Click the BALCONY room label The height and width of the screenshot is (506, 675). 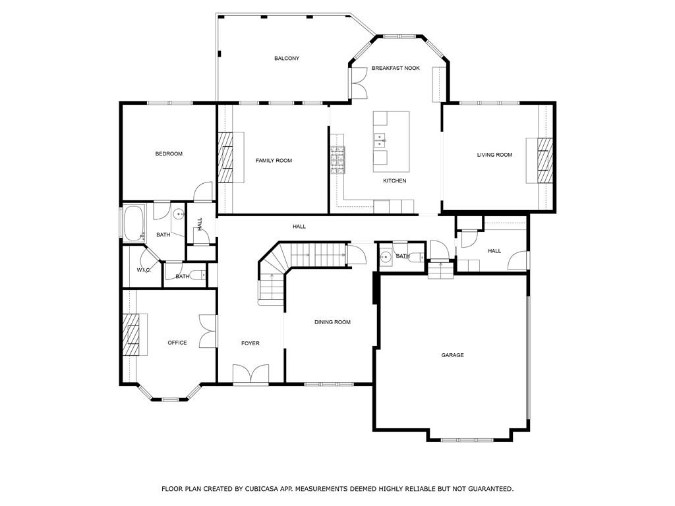point(287,59)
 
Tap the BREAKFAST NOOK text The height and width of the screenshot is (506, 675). point(396,68)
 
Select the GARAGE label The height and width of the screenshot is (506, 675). point(452,355)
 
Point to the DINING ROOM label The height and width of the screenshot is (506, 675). point(332,322)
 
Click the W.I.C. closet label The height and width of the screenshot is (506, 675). point(144,270)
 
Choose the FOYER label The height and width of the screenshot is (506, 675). point(250,343)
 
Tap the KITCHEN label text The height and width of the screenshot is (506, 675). point(395,181)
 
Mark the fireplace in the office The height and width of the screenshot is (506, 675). point(132,335)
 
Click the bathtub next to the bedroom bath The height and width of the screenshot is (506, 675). point(134,223)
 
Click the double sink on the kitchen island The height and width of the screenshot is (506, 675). point(380,139)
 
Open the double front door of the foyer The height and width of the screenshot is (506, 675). point(250,374)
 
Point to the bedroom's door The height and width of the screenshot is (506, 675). point(204,191)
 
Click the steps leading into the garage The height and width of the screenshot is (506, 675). point(440,270)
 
